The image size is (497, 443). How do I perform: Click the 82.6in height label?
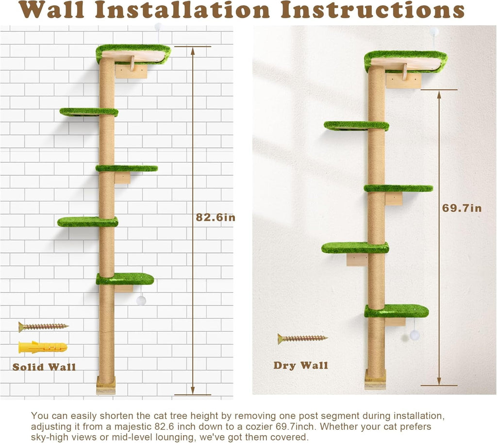pyautogui.click(x=215, y=218)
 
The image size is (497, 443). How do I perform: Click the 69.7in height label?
pyautogui.click(x=462, y=208)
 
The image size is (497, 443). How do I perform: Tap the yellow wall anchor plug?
pyautogui.click(x=43, y=347)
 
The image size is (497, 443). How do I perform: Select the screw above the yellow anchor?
pyautogui.click(x=43, y=326)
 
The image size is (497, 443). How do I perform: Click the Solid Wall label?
pyautogui.click(x=44, y=367)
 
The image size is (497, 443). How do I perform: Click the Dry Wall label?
pyautogui.click(x=300, y=365)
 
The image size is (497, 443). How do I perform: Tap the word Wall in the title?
pyautogui.click(x=52, y=10)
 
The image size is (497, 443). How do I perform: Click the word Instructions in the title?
pyautogui.click(x=372, y=10)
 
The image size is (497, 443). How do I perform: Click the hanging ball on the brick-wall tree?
pyautogui.click(x=141, y=300)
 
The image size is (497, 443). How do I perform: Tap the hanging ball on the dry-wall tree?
pyautogui.click(x=414, y=335)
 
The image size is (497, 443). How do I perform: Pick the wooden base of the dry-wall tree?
pyautogui.click(x=375, y=379)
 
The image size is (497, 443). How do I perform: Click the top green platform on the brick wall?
pyautogui.click(x=133, y=53)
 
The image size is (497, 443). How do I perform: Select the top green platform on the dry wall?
pyautogui.click(x=405, y=60)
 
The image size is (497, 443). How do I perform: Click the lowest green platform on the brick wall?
pyautogui.click(x=125, y=279)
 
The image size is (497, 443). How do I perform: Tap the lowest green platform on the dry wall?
pyautogui.click(x=396, y=311)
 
